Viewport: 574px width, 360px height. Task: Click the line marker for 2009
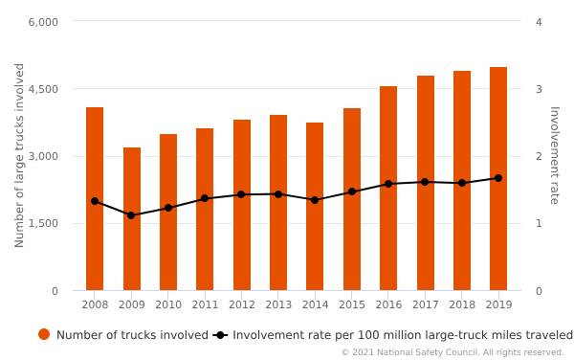[131, 215]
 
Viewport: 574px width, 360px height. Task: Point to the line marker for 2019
[498, 178]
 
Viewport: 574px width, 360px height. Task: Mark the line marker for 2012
[241, 194]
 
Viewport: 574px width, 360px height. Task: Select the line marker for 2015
[352, 191]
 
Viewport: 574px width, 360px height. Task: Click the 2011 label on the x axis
[205, 304]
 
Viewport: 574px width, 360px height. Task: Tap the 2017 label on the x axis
[425, 304]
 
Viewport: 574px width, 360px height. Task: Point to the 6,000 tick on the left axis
[43, 22]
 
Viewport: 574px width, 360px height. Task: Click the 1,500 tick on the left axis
[43, 223]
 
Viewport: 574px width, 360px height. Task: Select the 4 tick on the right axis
[539, 22]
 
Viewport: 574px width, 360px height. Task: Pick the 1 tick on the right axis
[539, 223]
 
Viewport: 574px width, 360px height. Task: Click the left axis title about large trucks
[20, 155]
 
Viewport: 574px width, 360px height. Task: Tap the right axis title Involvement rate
[553, 155]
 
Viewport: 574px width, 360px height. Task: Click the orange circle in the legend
[44, 334]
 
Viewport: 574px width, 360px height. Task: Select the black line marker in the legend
[220, 335]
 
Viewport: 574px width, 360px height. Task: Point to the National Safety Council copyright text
[453, 352]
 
